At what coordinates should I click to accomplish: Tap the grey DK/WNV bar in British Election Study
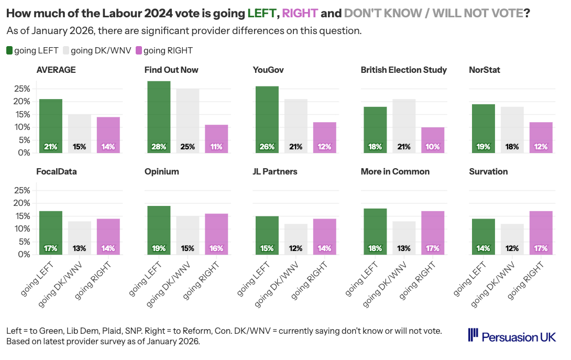pos(404,126)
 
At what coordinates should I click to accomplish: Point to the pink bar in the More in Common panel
pos(433,233)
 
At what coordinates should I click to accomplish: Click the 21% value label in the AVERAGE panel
pos(51,147)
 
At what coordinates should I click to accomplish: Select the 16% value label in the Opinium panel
pos(216,248)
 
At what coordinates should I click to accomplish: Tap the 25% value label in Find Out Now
pos(188,147)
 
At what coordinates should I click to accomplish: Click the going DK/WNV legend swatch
pos(66,50)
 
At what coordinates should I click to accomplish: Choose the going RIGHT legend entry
pos(164,50)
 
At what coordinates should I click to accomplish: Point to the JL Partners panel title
pos(275,171)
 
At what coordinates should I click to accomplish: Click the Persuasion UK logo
pos(512,336)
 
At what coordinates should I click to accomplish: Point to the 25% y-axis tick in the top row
pos(21,89)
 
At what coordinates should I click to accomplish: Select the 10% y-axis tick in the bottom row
pos(21,228)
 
